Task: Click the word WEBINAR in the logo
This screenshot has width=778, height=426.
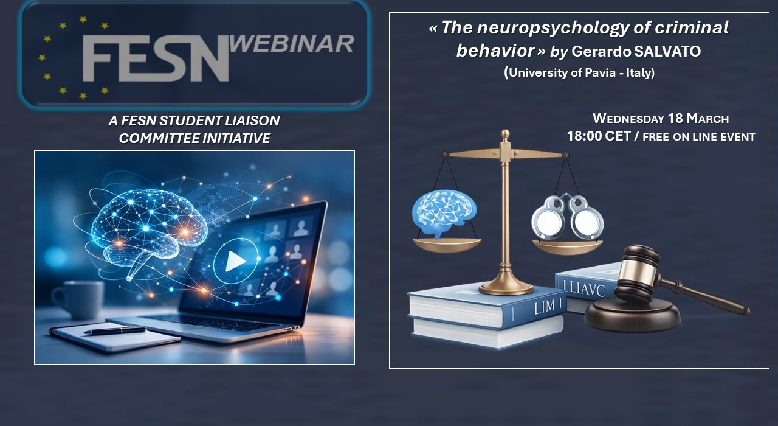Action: pyautogui.click(x=292, y=44)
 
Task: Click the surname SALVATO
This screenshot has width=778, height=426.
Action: pyautogui.click(x=667, y=52)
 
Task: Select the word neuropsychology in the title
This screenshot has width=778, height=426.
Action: pyautogui.click(x=553, y=28)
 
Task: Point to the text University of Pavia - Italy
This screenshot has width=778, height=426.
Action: pyautogui.click(x=579, y=72)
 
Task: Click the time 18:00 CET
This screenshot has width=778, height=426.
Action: pyautogui.click(x=599, y=136)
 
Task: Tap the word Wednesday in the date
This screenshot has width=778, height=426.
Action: pyautogui.click(x=628, y=119)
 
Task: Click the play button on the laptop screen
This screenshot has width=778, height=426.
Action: pyautogui.click(x=235, y=261)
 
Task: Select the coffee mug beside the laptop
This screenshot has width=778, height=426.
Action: pyautogui.click(x=79, y=299)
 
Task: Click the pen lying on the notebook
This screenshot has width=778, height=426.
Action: pyautogui.click(x=115, y=330)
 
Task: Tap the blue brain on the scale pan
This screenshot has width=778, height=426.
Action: pyautogui.click(x=444, y=213)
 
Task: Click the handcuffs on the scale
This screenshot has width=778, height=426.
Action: pyautogui.click(x=568, y=217)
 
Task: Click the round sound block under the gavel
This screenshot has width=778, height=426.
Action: pyautogui.click(x=632, y=315)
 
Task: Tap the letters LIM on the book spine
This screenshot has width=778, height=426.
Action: pyautogui.click(x=545, y=307)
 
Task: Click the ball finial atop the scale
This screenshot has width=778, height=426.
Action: pyautogui.click(x=505, y=134)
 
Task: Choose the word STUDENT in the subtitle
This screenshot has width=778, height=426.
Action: pyautogui.click(x=190, y=120)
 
